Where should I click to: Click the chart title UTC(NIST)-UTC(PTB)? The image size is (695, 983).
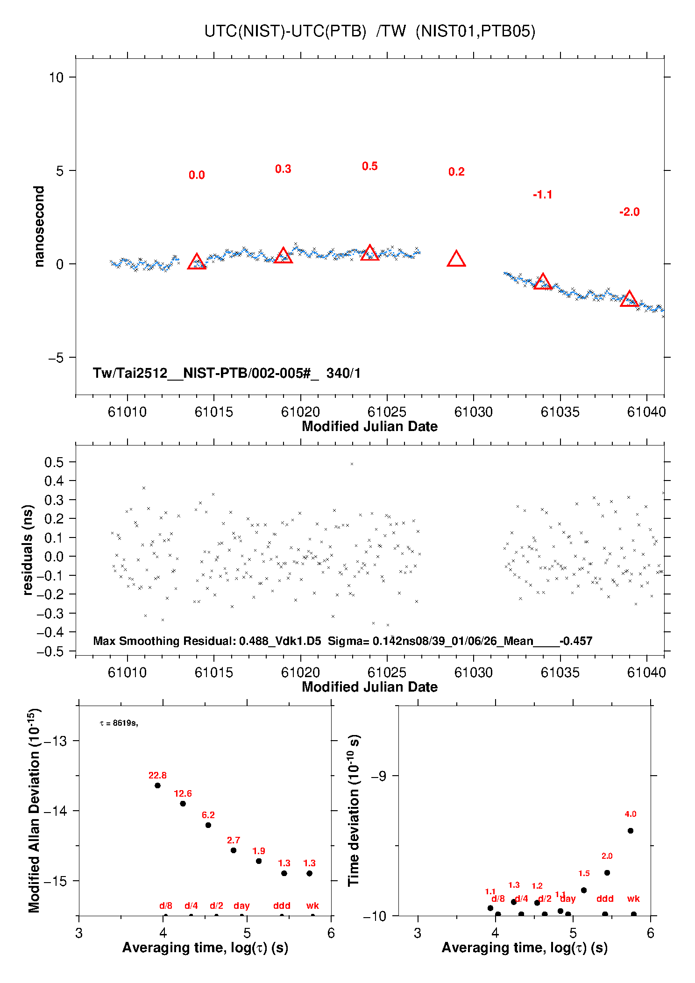click(x=285, y=31)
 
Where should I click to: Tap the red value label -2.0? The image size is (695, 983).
click(x=629, y=212)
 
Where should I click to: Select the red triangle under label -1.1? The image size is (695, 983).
click(x=542, y=282)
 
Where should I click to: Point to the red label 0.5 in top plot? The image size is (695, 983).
click(x=369, y=166)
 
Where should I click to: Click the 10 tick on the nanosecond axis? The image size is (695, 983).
click(x=56, y=78)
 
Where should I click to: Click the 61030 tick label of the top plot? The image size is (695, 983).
click(x=473, y=412)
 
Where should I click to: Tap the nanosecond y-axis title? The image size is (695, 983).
click(x=39, y=226)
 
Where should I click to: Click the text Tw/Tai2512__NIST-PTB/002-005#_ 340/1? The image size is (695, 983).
click(x=227, y=373)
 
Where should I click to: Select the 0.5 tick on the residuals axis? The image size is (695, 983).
click(x=54, y=462)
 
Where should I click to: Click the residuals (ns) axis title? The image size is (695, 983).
click(x=28, y=550)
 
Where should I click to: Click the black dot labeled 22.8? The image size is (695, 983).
click(x=157, y=785)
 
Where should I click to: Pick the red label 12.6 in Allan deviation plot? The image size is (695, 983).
click(x=183, y=793)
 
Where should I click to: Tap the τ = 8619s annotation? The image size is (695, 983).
click(x=119, y=723)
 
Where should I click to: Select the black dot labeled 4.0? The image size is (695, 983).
click(x=630, y=831)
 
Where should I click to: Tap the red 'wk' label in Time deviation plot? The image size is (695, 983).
click(x=633, y=898)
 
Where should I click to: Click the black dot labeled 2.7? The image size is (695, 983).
click(x=234, y=850)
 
